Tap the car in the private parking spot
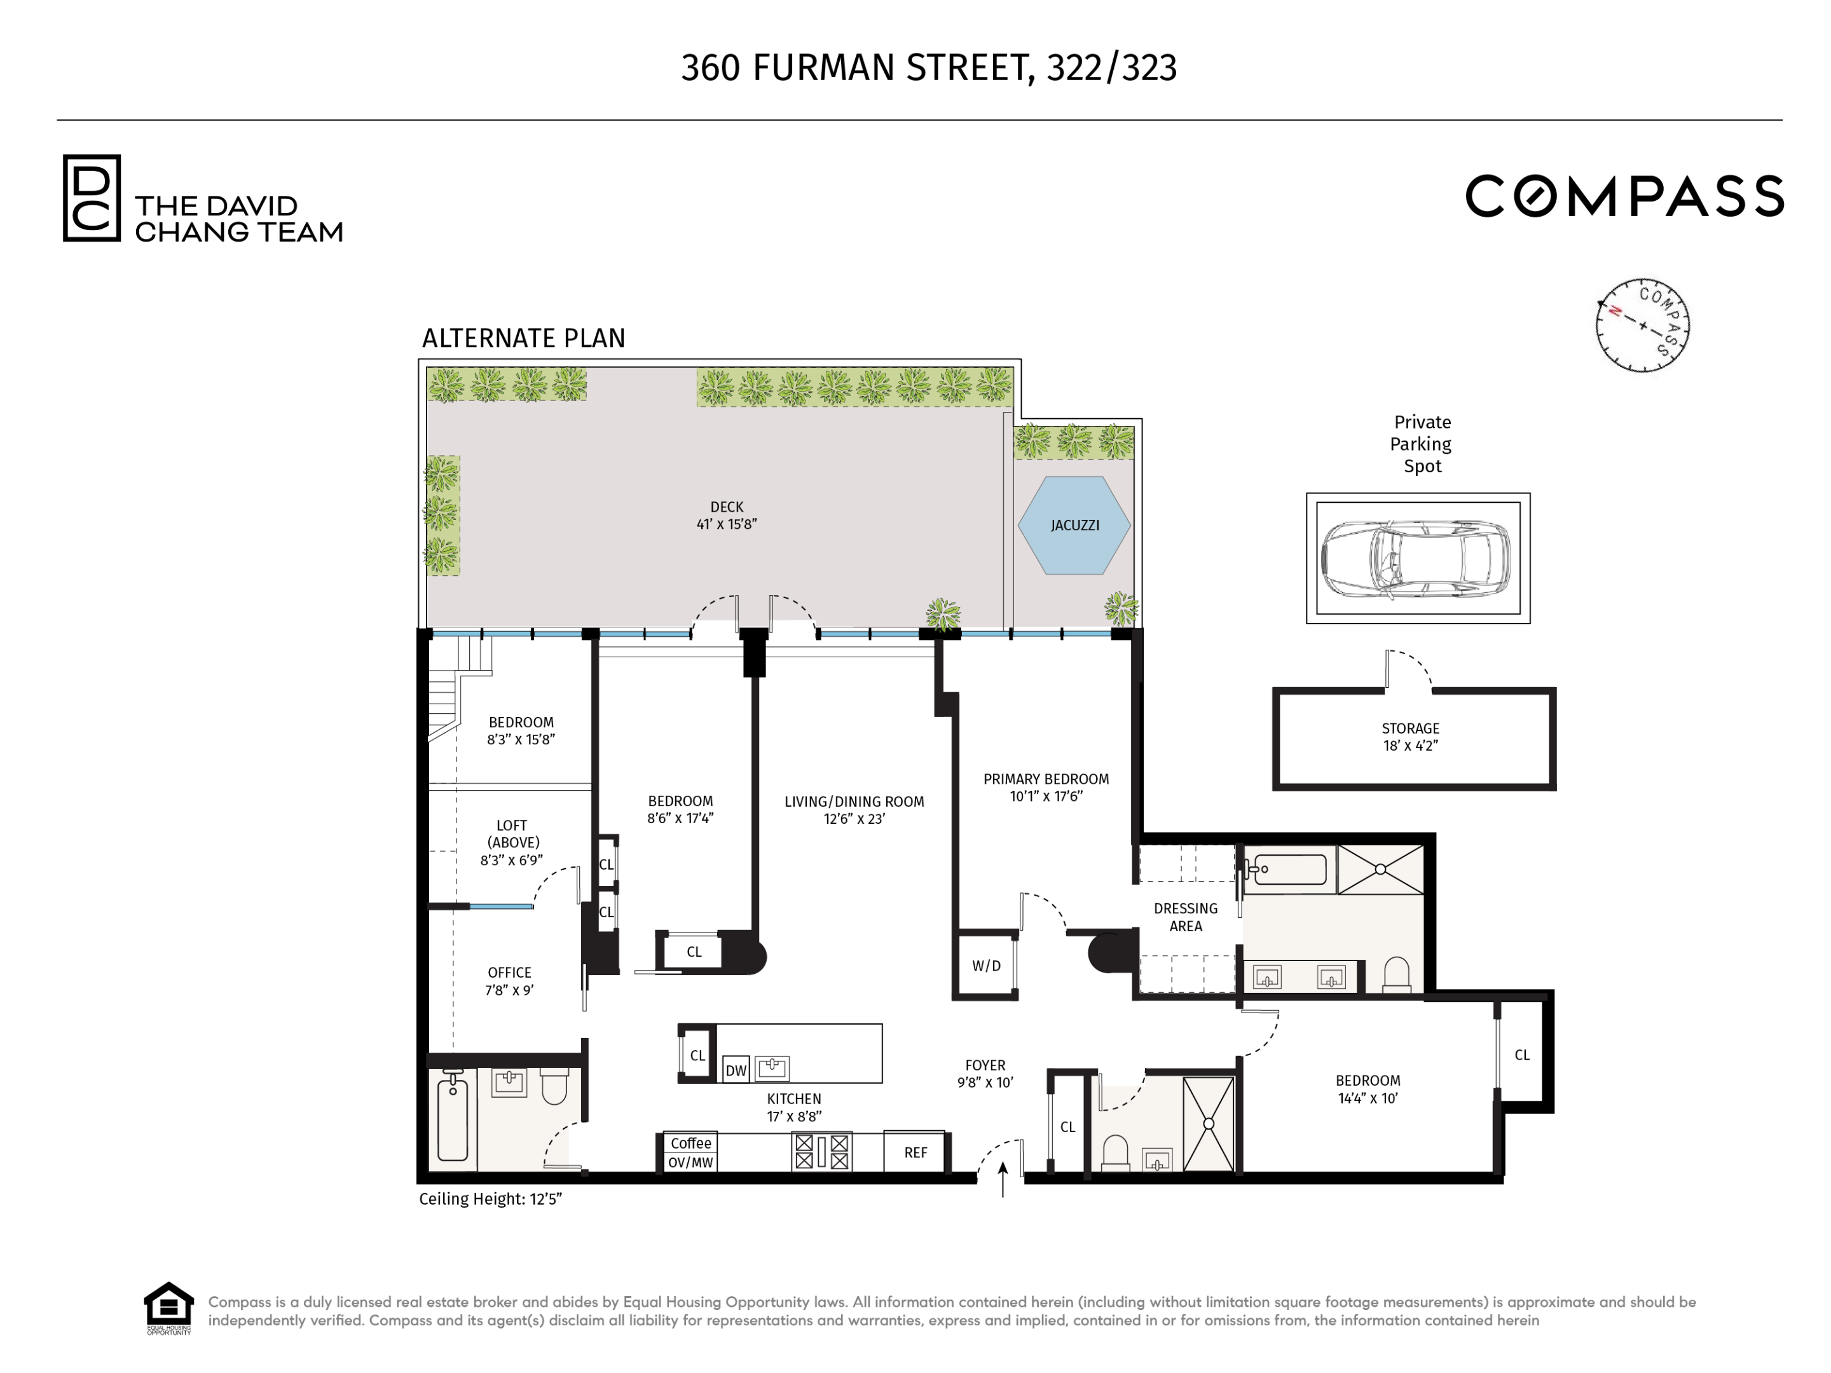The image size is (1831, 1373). pos(1415,559)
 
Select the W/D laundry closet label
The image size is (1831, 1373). pos(986,966)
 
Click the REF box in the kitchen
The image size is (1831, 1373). pos(915,1152)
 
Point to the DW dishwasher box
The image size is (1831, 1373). pos(735,1070)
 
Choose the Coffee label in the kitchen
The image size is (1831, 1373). pos(690,1143)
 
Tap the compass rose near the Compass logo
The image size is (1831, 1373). pos(1642,325)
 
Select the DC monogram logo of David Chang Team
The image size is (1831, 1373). pos(92,198)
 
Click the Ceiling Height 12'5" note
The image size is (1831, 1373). pos(490,1199)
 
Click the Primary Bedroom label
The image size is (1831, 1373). pos(1045,787)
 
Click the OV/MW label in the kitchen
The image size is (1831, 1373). pos(690,1162)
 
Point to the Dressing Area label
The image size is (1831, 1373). pos(1184,917)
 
